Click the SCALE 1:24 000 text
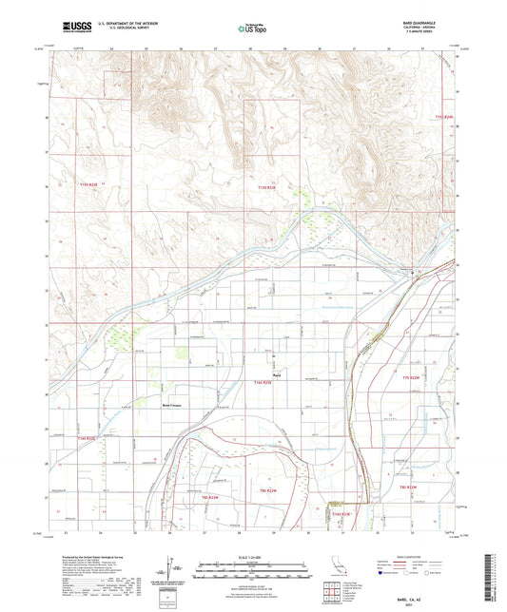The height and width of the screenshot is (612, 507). click(x=253, y=558)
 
